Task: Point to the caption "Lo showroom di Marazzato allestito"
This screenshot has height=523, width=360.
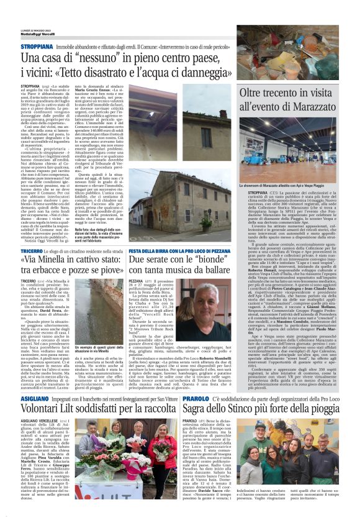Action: point(279,184)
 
